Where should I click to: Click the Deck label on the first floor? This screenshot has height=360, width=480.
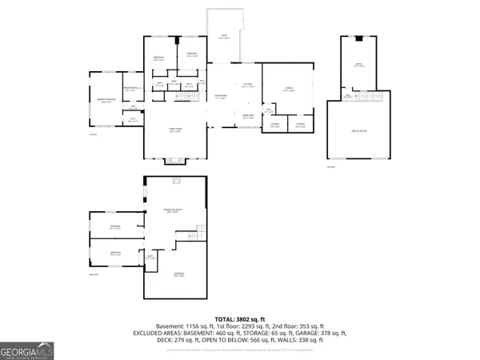pos(225,37)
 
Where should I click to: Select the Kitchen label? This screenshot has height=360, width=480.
pos(248,85)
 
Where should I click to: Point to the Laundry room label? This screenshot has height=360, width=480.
pos(274,125)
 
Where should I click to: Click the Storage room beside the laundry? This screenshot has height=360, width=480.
pos(300,125)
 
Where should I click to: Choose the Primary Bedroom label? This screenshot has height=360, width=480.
pos(104,101)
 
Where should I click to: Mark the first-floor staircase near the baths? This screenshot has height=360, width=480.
pos(184,96)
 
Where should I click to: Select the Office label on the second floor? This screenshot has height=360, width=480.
pos(360,65)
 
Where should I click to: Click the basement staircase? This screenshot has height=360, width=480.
pos(202,238)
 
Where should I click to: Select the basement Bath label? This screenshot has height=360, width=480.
pos(150,257)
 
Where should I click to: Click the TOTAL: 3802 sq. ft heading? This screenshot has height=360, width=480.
pos(239,318)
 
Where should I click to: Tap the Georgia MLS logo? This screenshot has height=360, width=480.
pos(26,350)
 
